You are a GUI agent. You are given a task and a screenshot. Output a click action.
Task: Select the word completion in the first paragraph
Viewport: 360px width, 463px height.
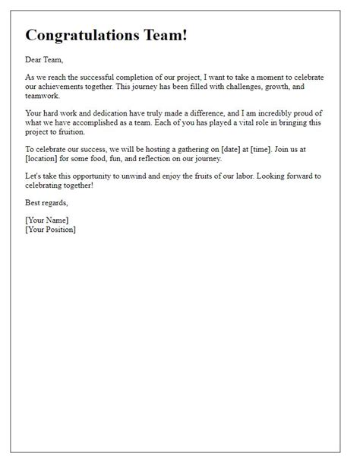(x=147, y=76)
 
